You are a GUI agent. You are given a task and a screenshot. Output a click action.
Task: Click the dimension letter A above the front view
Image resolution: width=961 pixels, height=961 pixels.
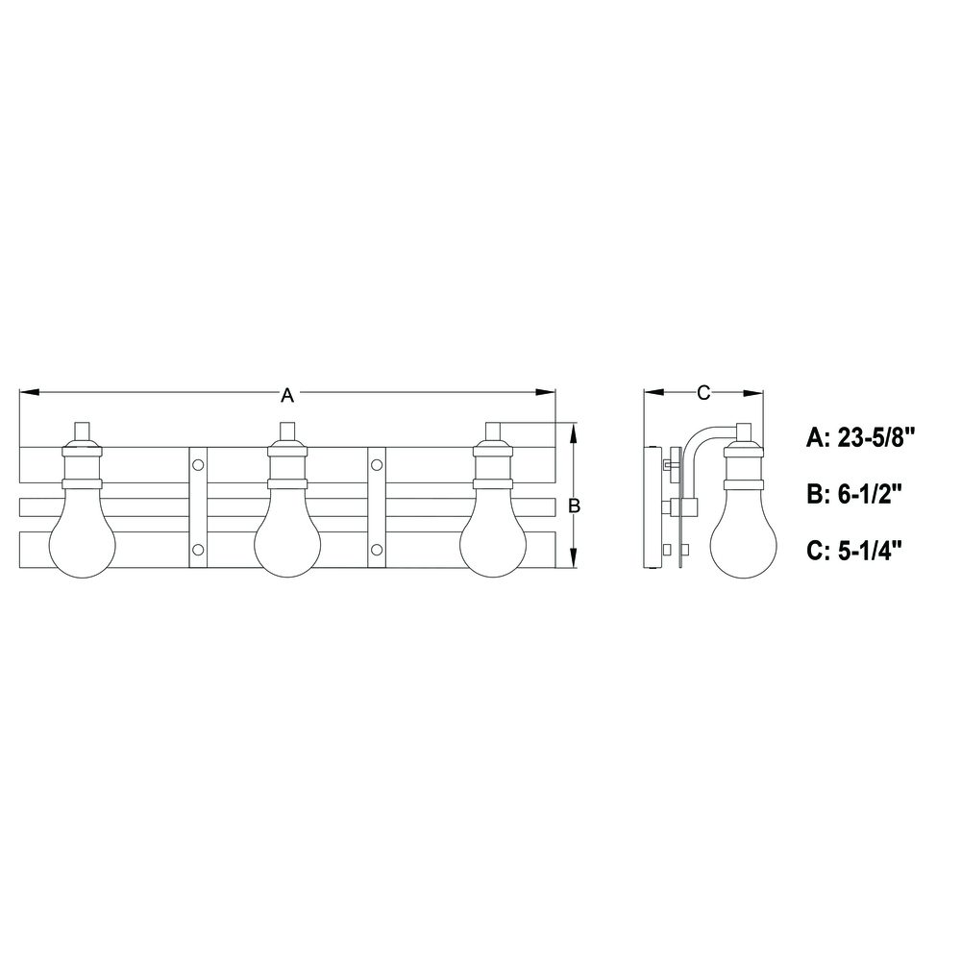tap(286, 395)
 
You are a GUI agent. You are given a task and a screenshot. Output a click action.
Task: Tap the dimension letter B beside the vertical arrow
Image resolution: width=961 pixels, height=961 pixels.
tap(575, 505)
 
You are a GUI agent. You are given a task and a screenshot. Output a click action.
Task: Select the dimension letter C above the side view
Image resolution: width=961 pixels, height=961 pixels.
tap(703, 392)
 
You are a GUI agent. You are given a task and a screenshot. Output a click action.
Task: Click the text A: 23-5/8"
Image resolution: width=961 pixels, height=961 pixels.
tap(860, 438)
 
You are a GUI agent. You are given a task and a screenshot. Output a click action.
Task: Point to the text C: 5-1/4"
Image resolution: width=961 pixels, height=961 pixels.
tap(855, 550)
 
